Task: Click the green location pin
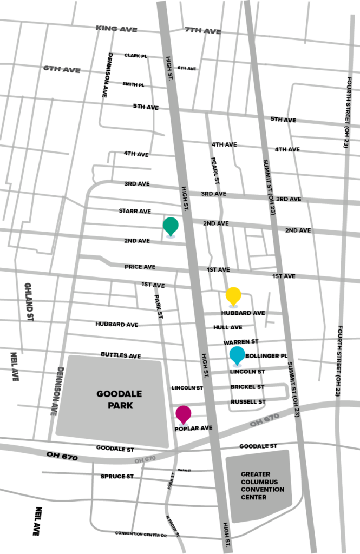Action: pos(171,226)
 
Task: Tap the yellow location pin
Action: pos(233,295)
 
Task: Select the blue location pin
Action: pos(237,355)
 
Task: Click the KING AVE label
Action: pos(116,29)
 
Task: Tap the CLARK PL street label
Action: pos(135,55)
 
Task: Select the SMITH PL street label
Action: pos(133,84)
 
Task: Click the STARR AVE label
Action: pos(135,211)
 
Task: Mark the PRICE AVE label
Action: pos(140,267)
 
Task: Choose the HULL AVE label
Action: pos(227,327)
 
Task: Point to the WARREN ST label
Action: pos(241,342)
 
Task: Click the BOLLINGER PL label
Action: pos(266,356)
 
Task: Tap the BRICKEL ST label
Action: pos(247,387)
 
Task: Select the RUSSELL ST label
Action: pos(248,402)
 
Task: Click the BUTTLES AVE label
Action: pos(120,355)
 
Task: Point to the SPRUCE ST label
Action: pos(117,476)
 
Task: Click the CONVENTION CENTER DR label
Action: pos(140,533)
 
